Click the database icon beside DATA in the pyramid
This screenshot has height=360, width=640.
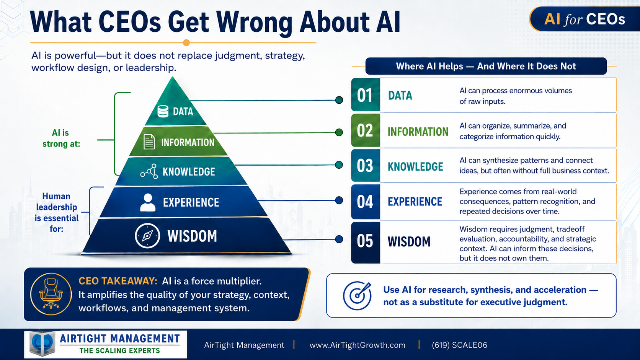tap(163, 111)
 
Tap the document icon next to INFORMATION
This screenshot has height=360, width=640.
tap(149, 142)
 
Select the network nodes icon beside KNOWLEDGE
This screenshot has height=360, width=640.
tap(149, 171)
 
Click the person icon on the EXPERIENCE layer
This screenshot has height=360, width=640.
tap(148, 202)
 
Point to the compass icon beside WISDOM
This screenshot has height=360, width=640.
tap(147, 236)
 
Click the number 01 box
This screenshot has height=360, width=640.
tap(366, 95)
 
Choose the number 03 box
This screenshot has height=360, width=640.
tap(366, 165)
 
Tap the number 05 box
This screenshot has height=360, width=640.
tap(366, 243)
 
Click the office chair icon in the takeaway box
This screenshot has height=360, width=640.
tap(51, 294)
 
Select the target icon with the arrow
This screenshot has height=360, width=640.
tap(357, 296)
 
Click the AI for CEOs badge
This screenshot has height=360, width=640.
tap(584, 19)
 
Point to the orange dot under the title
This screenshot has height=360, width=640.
tap(186, 43)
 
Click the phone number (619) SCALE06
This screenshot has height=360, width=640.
tap(459, 345)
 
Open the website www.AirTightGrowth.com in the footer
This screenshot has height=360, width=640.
tap(358, 345)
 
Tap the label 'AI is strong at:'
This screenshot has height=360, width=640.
tap(61, 138)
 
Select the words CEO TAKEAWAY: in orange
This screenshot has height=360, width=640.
tap(118, 281)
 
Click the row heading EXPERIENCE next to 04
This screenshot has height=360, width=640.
tap(415, 202)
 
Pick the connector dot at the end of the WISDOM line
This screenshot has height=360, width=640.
tap(339, 239)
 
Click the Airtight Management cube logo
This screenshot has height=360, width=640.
tap(42, 344)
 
